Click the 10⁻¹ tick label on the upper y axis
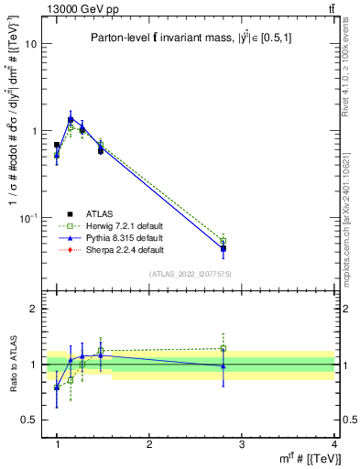[29, 217]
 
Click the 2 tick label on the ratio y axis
[34, 309]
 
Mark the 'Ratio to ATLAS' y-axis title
[13, 365]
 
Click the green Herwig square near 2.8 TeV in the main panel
[224, 241]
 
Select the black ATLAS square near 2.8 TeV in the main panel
[224, 248]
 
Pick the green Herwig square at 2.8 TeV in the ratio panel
[224, 348]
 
